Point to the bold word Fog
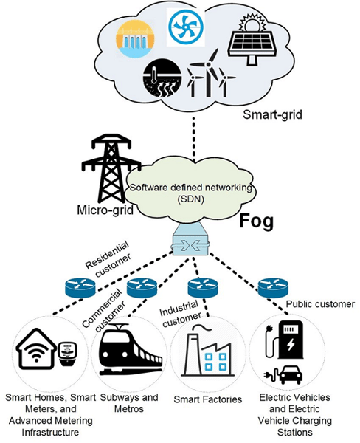tap(255, 221)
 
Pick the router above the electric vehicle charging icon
tap(272, 286)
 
